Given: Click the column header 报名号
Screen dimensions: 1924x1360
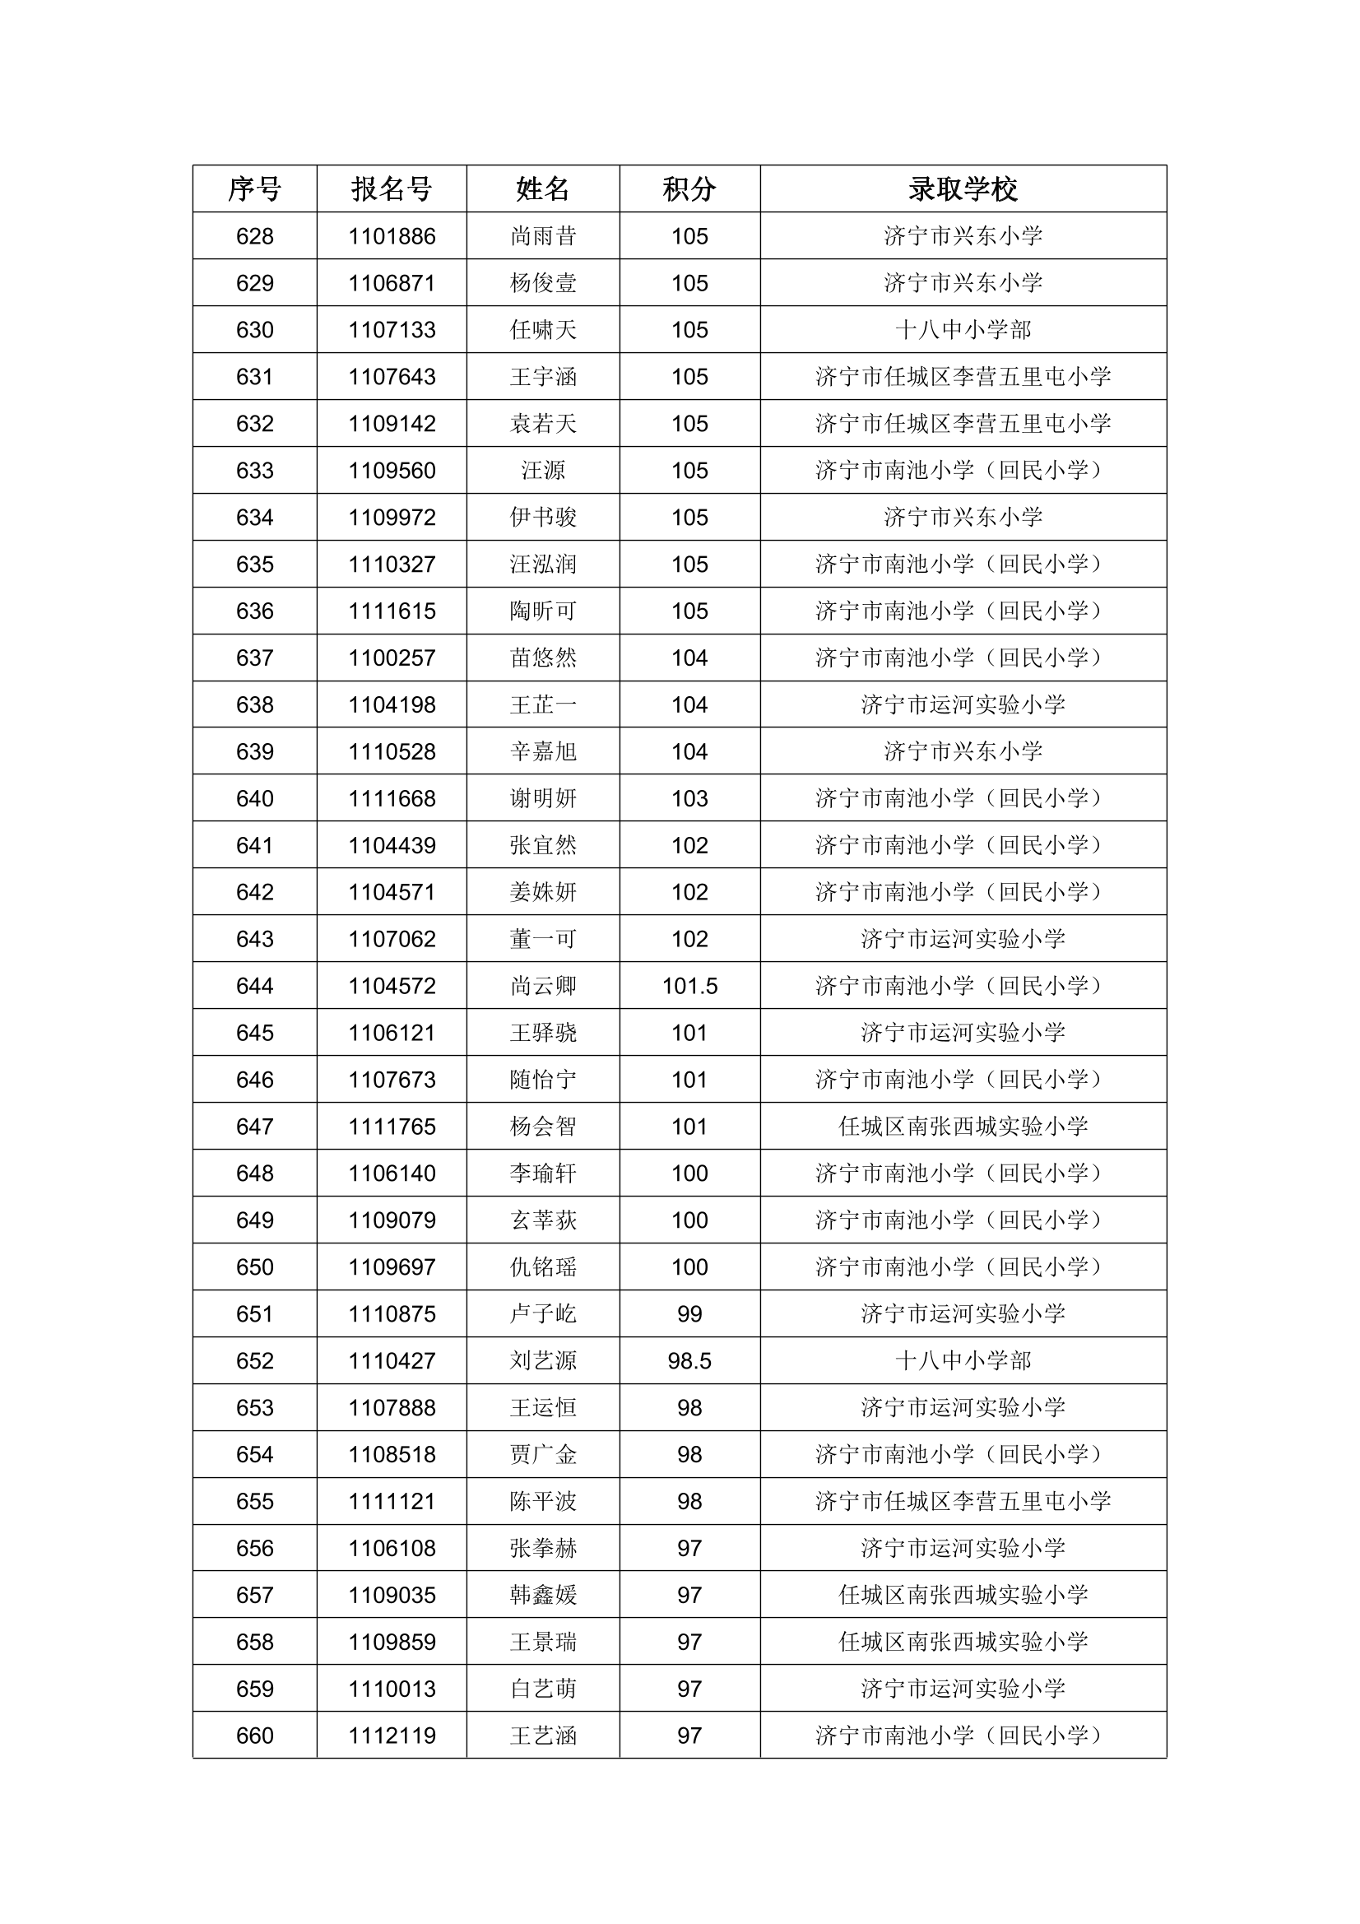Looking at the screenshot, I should point(392,188).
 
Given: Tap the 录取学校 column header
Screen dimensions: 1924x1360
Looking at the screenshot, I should point(963,188).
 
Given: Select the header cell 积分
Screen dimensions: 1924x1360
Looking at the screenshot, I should point(689,188).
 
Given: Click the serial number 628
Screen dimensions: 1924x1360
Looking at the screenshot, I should point(255,236).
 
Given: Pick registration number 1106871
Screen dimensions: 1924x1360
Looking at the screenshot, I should point(392,283).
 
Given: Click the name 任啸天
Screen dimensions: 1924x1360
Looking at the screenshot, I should point(543,330).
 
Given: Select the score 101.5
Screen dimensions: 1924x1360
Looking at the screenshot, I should point(689,986).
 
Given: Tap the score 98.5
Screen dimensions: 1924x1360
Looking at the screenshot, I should point(689,1361).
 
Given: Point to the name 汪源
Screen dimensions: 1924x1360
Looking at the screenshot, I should point(543,471).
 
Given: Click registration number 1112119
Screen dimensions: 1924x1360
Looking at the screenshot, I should point(392,1736).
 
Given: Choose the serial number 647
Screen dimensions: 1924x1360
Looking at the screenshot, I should point(255,1127).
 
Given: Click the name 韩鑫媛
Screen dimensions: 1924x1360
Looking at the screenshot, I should point(543,1595).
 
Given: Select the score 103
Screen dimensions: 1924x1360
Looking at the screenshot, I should point(689,798).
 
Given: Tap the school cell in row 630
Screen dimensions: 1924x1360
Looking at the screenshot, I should point(963,330).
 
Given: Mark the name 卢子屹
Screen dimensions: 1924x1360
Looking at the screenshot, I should point(543,1314).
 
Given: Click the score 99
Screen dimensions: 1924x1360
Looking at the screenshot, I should point(689,1314).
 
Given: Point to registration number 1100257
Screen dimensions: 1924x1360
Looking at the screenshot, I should point(392,658).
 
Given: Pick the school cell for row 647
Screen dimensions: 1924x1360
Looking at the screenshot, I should point(963,1127).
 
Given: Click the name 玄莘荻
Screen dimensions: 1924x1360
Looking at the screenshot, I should point(543,1220).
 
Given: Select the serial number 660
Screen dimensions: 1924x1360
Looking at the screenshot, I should point(255,1736).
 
